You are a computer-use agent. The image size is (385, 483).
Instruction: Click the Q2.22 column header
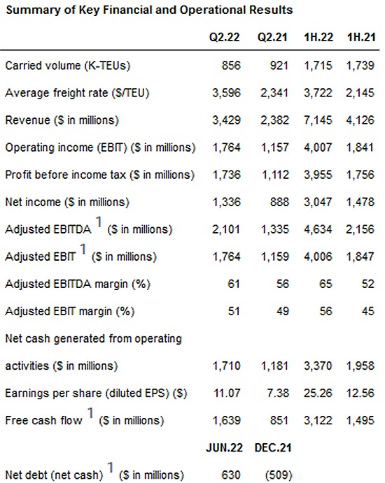pos(224,37)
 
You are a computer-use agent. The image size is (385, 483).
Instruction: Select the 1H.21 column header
pos(361,37)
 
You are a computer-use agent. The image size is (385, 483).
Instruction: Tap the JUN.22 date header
pos(224,447)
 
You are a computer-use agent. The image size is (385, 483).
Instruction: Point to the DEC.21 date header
pos(273,447)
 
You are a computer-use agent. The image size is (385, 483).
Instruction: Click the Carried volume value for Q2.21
pos(279,66)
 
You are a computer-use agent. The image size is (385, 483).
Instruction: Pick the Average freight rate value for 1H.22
pos(318,93)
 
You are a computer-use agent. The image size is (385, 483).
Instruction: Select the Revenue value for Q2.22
pos(226,120)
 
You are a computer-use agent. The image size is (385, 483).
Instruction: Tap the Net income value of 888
pos(279,202)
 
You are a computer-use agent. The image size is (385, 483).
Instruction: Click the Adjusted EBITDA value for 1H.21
pos(360,229)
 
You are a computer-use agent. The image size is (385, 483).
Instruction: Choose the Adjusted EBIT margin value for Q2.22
pos(234,311)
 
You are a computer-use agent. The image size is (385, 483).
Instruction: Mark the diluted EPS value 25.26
pos(318,393)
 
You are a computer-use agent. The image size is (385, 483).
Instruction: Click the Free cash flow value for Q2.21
pos(279,421)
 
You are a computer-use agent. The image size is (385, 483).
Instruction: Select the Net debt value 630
pos(231,475)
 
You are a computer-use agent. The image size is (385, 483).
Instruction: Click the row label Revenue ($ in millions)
pos(62,120)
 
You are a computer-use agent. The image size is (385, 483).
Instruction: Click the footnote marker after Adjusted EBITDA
pos(99,222)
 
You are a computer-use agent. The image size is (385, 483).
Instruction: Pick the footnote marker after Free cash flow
pos(90,413)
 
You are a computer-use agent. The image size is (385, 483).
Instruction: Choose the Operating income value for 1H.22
pos(318,147)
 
